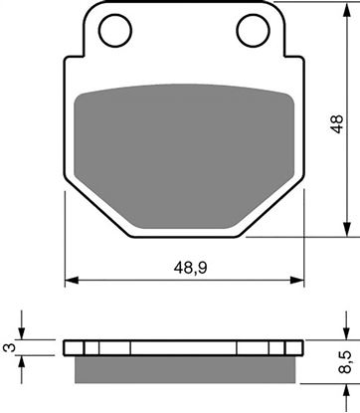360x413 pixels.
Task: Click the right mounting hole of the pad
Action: coord(249,31)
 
